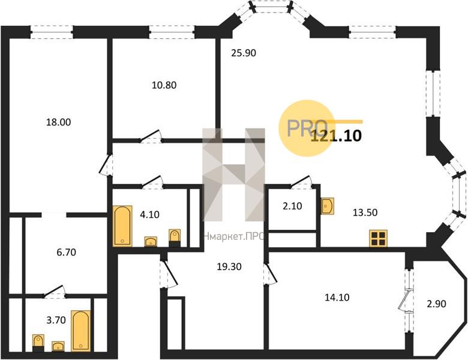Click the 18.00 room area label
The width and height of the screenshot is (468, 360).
(x=59, y=122)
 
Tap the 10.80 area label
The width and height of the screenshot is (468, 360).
(x=164, y=85)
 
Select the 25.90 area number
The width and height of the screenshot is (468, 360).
(x=244, y=53)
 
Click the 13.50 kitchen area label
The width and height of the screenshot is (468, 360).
(x=365, y=212)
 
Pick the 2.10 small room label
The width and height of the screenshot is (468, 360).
(x=292, y=206)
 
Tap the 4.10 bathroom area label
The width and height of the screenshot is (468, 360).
(x=149, y=214)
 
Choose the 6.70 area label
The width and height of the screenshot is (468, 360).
(x=66, y=252)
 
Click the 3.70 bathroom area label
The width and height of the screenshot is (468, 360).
(x=56, y=320)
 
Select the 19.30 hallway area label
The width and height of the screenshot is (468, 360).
(x=229, y=266)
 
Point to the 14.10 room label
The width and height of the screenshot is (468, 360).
(x=337, y=298)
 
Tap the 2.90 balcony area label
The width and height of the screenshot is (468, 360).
(x=436, y=304)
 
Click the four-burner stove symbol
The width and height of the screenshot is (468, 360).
(x=378, y=238)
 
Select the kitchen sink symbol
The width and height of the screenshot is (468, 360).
(x=328, y=206)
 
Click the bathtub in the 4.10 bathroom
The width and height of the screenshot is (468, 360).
(x=122, y=226)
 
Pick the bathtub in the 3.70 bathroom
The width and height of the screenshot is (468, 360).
(x=80, y=331)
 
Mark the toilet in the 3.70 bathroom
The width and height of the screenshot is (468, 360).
(x=38, y=343)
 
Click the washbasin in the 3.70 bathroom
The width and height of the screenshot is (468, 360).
(x=58, y=346)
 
